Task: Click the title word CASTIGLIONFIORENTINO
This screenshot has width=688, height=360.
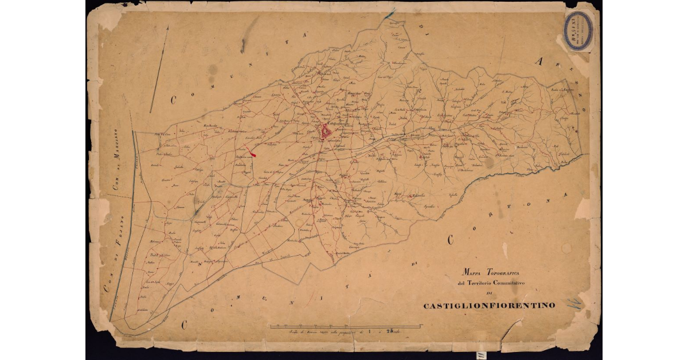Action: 489,306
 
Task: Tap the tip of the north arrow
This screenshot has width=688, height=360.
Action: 167,26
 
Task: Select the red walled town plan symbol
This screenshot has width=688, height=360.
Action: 326,132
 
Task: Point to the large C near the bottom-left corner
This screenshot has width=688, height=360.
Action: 185,324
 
